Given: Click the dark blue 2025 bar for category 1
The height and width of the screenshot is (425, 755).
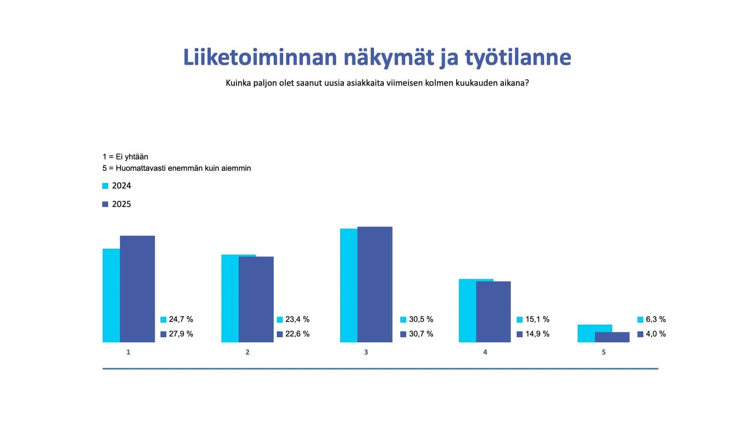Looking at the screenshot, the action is pos(137,289).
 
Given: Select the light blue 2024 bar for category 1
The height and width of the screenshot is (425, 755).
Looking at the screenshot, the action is pos(111,295).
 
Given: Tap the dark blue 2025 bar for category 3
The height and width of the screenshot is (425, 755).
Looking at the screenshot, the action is pos(375,285).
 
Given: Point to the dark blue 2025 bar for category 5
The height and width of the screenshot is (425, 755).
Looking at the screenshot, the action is pos(612,337).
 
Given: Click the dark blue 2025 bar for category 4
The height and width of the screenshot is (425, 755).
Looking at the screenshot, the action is pos(494,312).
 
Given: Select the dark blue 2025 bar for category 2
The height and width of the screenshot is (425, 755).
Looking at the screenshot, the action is pos(256,299).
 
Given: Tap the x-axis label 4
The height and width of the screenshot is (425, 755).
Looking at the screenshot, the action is pos(485,352).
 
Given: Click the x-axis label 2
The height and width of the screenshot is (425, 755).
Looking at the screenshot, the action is pos(247,352).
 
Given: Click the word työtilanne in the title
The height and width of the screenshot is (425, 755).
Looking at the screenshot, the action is pos(518,57).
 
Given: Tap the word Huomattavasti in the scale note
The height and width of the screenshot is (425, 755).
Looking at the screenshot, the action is pos(141,168).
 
